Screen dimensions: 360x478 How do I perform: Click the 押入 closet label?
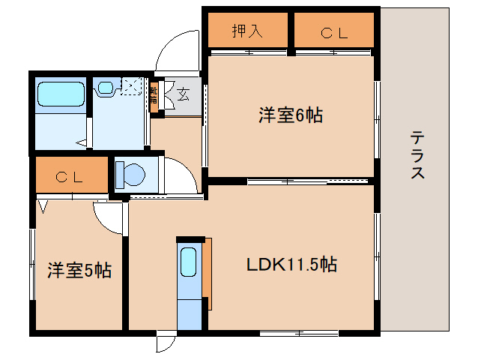coord(246,31)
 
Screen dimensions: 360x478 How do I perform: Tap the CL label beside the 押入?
coord(333,32)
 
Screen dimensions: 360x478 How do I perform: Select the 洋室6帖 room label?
coord(291,115)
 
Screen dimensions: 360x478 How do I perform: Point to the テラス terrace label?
coord(417,155)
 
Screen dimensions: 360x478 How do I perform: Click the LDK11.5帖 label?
coord(291,265)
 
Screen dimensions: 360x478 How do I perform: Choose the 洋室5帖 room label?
coord(80,271)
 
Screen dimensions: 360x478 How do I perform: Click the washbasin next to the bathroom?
coord(104,88)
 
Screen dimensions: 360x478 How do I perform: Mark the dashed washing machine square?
coord(132,86)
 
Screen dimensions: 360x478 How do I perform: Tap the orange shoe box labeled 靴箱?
coord(154,96)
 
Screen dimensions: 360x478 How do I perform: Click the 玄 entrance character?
coord(182,94)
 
